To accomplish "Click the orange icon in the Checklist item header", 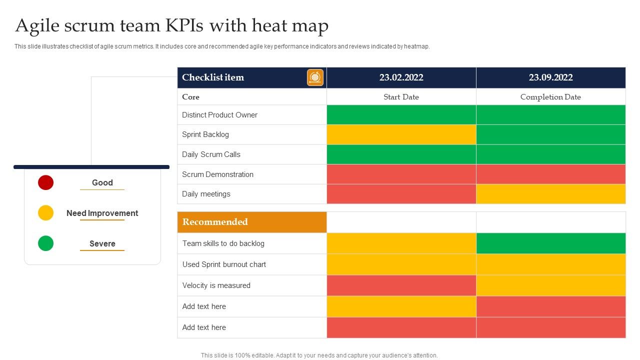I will (315, 77).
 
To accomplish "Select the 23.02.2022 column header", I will (401, 77).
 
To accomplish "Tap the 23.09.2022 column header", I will (550, 77).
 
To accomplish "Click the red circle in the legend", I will (45, 182).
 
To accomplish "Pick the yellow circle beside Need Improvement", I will (45, 213).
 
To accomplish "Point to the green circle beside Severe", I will (45, 243).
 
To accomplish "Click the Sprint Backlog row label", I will (205, 134).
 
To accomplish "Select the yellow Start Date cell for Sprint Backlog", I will (401, 134).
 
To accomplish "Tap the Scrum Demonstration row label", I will (217, 174).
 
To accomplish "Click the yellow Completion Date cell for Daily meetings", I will (550, 194).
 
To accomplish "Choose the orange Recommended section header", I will (252, 222).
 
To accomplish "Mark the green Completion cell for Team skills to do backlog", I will (550, 243).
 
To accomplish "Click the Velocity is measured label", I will (216, 285).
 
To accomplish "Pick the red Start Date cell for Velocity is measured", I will (401, 285).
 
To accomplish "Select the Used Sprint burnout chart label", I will (224, 264).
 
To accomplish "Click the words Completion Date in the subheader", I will (550, 97).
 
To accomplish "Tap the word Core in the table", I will (190, 97).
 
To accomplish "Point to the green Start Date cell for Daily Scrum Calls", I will (401, 154).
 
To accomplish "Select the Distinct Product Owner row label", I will (219, 115).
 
